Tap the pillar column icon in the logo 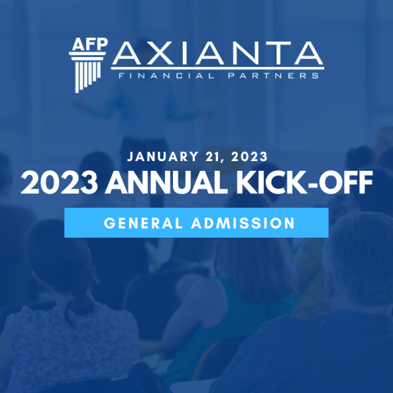tap(87, 72)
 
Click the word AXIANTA tap(217, 54)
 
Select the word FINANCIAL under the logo tap(166, 76)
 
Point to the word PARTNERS tap(273, 76)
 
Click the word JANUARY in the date tap(163, 157)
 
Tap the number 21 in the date tap(213, 157)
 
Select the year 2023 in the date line tap(250, 157)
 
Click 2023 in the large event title tap(59, 183)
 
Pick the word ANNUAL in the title tap(166, 183)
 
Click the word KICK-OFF tap(305, 183)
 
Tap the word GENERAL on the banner tap(143, 223)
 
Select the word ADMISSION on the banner tap(243, 223)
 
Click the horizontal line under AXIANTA tap(217, 68)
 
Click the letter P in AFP tap(103, 44)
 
